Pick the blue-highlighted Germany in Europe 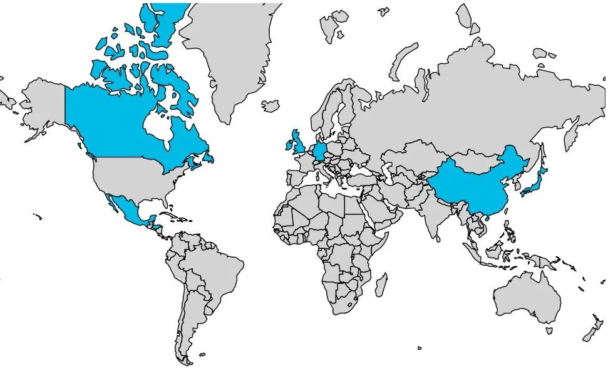(x=319, y=152)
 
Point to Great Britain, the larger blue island (x=299, y=143)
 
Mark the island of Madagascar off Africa (x=380, y=286)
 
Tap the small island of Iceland (x=271, y=104)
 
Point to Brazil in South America (x=213, y=263)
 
